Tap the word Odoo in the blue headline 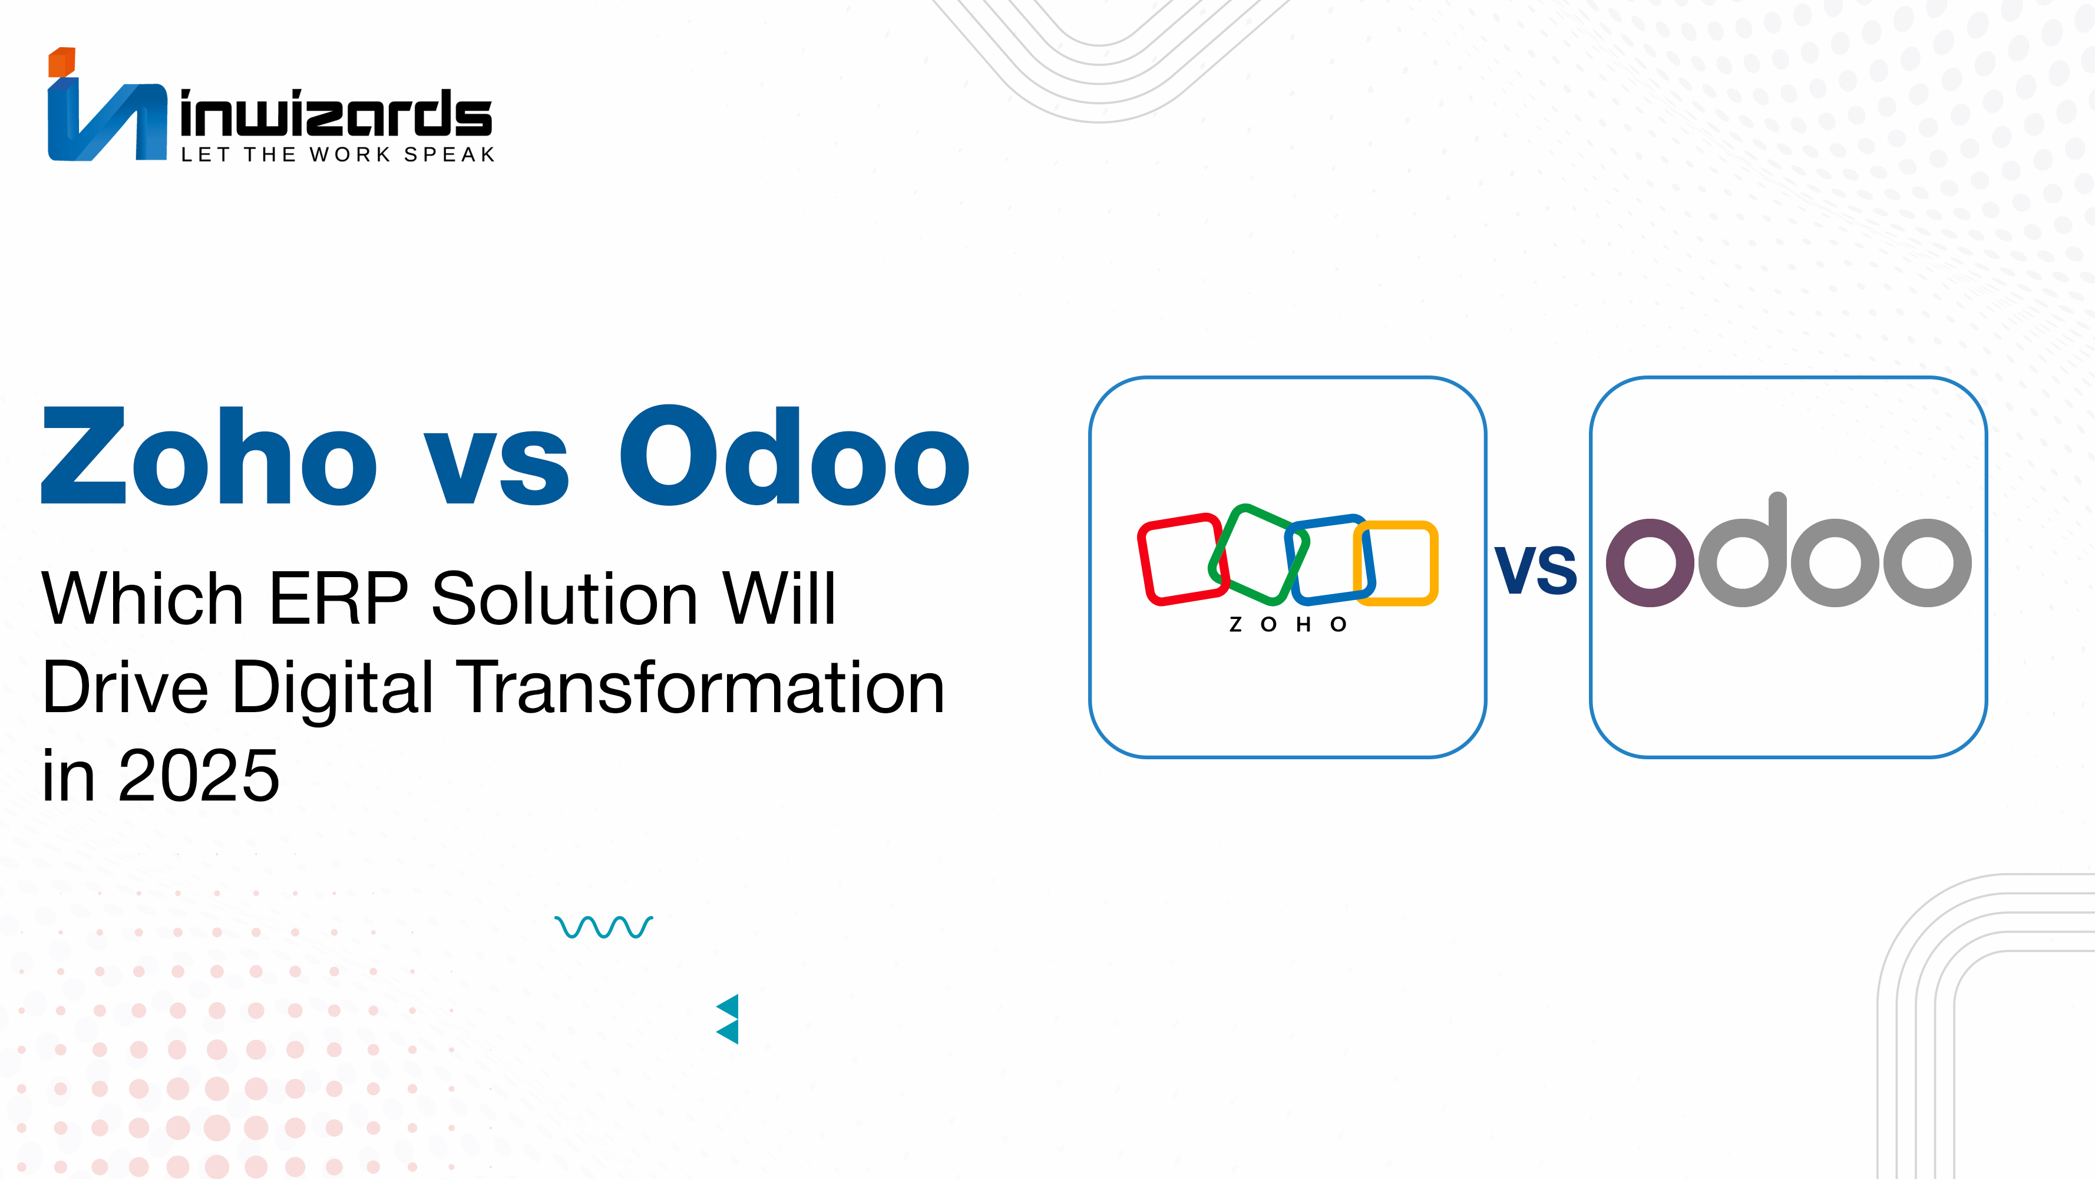(795, 455)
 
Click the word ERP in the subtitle (338, 599)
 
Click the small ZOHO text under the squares (1288, 625)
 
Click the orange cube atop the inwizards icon (62, 62)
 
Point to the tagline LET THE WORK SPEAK (338, 154)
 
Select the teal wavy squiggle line (603, 927)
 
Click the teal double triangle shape (728, 1019)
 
